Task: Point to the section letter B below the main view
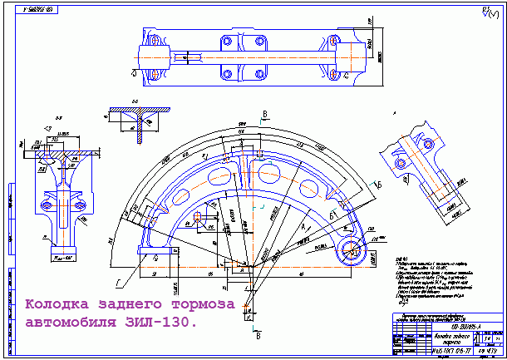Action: click(258, 336)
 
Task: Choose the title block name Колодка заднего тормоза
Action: click(431, 338)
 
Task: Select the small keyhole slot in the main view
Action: click(199, 218)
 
